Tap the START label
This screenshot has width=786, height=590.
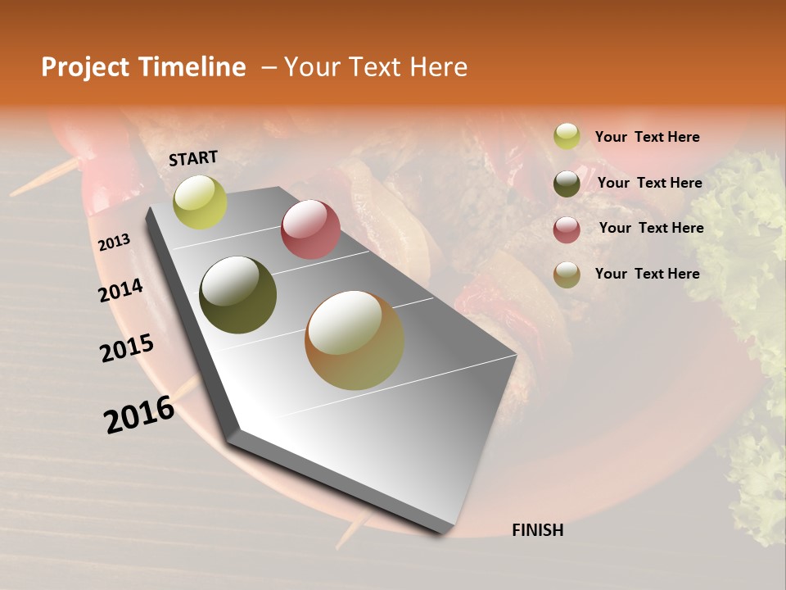[x=193, y=158]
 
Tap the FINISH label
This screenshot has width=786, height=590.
[x=537, y=530]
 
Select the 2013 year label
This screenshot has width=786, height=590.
[x=114, y=243]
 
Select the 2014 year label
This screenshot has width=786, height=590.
[x=120, y=290]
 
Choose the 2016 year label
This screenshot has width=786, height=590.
[x=139, y=414]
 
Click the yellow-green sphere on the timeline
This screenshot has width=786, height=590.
[x=201, y=202]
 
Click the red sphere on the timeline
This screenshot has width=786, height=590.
[x=310, y=229]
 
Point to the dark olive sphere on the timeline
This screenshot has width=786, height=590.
[x=237, y=295]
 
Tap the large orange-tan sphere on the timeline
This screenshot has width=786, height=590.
[x=355, y=340]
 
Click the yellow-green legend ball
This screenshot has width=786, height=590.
[x=567, y=136]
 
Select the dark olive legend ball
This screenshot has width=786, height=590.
[x=567, y=184]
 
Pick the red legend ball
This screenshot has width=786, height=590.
[x=567, y=229]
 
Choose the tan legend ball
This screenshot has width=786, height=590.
[x=567, y=275]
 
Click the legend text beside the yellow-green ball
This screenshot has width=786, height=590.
[x=647, y=137]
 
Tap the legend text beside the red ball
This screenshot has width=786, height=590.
[x=651, y=228]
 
